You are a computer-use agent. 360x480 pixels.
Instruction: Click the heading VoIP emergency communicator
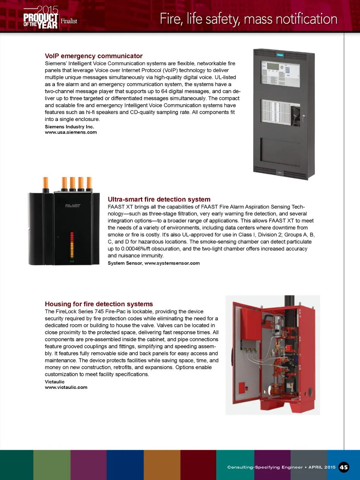coord(94,56)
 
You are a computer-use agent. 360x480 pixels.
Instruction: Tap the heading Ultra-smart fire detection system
coord(159,199)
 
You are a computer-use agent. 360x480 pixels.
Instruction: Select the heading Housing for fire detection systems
coord(99,304)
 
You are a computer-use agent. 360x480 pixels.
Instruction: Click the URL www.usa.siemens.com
coord(71,132)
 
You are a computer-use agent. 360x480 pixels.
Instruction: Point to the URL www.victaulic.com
coord(66,387)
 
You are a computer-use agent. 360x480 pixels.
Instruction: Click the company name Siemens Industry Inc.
coord(69,127)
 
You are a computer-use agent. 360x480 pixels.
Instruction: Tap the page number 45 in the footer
coord(343,467)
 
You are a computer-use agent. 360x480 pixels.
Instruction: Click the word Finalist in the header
coord(69,21)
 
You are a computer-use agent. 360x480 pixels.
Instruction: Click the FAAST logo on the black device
coord(73,206)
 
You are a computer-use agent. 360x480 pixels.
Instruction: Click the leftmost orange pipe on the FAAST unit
coord(46,184)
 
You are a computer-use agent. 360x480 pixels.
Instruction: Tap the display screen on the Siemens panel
coord(272,66)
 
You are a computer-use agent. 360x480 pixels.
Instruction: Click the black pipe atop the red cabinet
coord(289,301)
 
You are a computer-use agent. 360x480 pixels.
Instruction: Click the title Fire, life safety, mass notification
coord(248,19)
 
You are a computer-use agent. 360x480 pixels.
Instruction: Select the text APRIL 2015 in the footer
coord(322,467)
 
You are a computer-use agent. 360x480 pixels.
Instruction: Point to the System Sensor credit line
coord(154,263)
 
